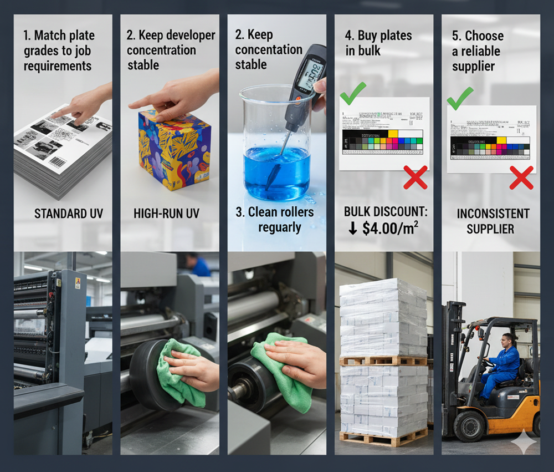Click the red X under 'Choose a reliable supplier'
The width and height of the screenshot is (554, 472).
click(521, 177)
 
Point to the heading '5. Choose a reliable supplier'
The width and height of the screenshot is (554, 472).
click(477, 51)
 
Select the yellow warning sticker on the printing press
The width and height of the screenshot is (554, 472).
click(78, 283)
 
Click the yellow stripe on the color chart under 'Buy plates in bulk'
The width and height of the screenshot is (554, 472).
click(393, 133)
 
